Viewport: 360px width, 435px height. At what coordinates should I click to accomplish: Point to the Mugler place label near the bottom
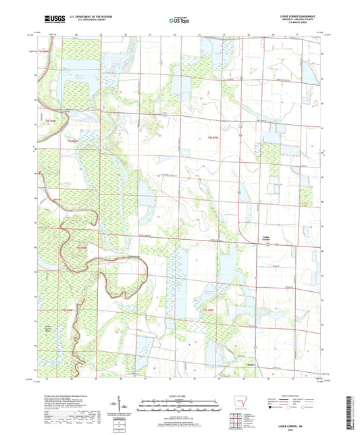pos(249,363)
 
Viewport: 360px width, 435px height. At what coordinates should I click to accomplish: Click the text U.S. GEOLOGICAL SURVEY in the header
pos(82,21)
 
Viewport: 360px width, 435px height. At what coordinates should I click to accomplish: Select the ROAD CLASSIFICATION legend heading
pos(294,396)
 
